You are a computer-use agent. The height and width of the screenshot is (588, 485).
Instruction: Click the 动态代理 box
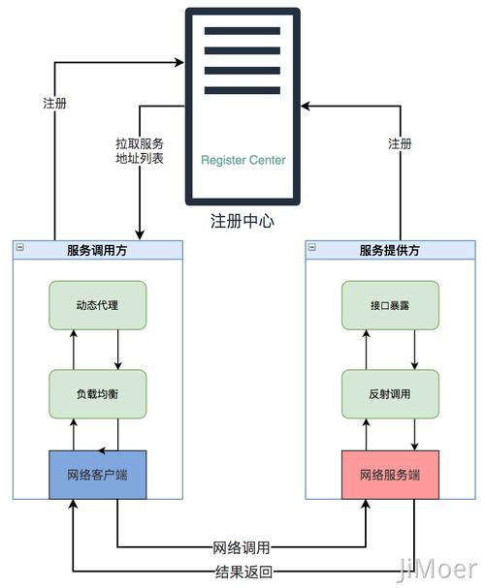(x=97, y=304)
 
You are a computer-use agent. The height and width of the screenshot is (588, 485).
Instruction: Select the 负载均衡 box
(x=97, y=393)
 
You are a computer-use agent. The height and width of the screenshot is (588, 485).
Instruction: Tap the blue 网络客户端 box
(x=97, y=475)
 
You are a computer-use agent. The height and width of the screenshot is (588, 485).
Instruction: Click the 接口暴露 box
(x=390, y=304)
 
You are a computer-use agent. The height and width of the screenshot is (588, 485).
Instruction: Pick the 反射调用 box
(x=390, y=393)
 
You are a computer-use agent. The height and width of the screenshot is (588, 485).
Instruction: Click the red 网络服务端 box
(x=390, y=475)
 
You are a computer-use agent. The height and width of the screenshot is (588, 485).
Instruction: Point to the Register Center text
(x=242, y=160)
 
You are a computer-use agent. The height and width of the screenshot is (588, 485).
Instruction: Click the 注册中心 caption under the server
(x=242, y=221)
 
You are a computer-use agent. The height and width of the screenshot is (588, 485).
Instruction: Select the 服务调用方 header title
(x=97, y=249)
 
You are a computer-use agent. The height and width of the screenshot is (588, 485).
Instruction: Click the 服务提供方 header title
(x=390, y=249)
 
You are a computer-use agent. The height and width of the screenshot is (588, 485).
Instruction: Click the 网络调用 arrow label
(x=242, y=547)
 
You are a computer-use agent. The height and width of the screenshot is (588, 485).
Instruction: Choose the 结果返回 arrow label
(x=242, y=570)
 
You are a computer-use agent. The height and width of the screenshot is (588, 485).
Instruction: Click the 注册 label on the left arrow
(x=55, y=102)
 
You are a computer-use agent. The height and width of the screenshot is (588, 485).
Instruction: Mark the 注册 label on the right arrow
(x=400, y=143)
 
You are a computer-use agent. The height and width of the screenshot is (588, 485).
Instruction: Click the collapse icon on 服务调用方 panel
(x=20, y=249)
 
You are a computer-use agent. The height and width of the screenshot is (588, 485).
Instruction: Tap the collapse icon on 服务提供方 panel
(x=312, y=249)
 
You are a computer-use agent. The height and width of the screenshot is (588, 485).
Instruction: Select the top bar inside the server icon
(x=242, y=31)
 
